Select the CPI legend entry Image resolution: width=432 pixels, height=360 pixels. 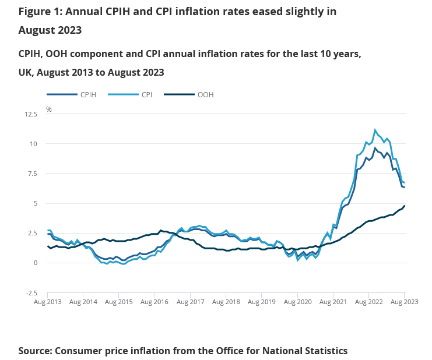click(146, 94)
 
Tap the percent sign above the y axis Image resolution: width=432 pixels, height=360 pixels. click(49, 109)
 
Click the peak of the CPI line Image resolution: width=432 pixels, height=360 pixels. click(375, 130)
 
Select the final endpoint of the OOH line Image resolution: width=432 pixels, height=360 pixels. click(405, 206)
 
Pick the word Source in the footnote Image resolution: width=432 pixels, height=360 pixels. click(35, 351)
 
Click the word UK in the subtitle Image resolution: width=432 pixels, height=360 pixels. click(25, 73)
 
